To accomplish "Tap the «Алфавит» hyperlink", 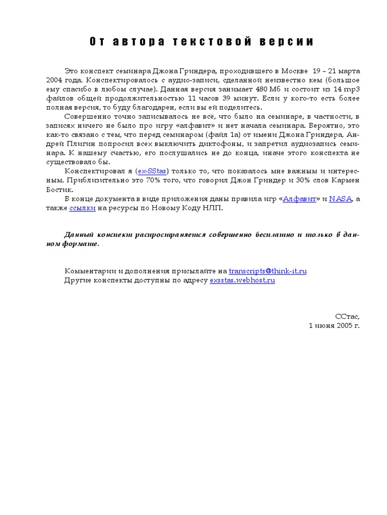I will pyautogui.click(x=299, y=199).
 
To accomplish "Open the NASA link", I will pyautogui.click(x=341, y=199).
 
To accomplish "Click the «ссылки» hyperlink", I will pyautogui.click(x=82, y=208).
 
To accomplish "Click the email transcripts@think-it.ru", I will pyautogui.click(x=268, y=271).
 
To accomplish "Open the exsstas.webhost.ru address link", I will pyautogui.click(x=242, y=280).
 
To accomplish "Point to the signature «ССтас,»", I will pyautogui.click(x=348, y=316).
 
